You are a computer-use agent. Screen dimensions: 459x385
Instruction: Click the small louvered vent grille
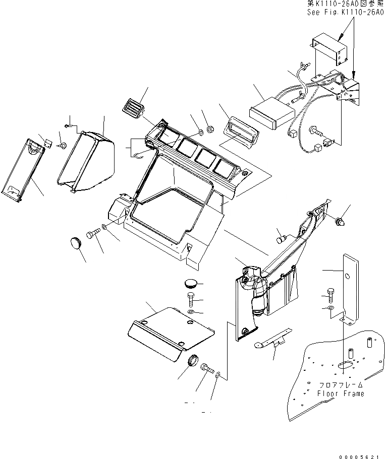132,107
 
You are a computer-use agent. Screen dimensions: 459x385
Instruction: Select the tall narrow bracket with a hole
350,287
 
